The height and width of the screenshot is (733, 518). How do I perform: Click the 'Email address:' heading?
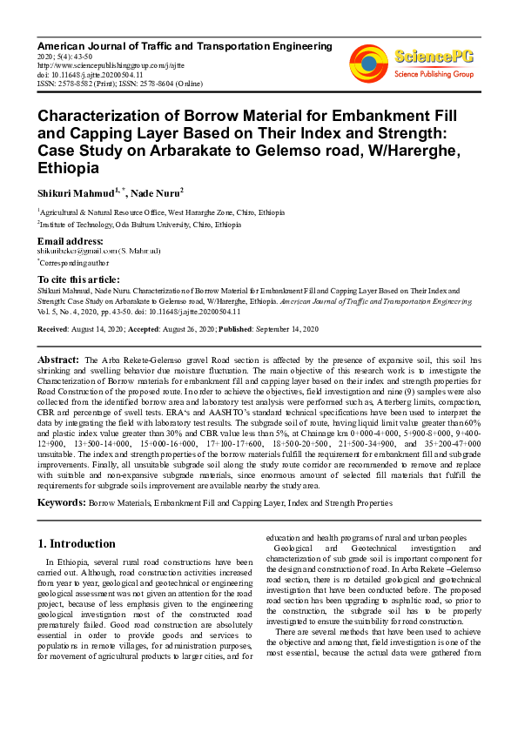pos(70,240)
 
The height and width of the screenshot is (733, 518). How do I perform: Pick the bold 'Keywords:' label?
pos(60,502)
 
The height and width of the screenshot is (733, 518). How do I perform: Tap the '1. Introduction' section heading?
pos(77,544)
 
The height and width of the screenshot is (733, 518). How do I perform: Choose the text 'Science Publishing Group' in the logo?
pos(434,75)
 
